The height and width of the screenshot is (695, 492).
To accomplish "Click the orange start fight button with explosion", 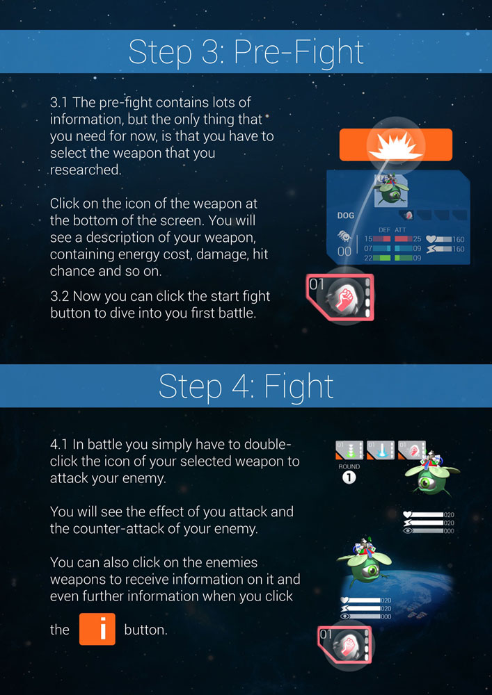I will [395, 145].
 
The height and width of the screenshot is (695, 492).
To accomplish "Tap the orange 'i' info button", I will [97, 629].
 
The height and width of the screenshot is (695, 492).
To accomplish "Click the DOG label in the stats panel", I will [346, 216].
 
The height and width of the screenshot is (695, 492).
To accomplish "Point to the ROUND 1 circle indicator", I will [349, 477].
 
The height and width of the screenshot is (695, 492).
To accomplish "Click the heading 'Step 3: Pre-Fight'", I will [246, 51].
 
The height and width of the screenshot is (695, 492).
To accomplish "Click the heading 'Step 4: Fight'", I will [246, 386].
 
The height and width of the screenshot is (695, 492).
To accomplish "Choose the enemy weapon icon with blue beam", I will [381, 450].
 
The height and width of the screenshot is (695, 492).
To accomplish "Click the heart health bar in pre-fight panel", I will [446, 239].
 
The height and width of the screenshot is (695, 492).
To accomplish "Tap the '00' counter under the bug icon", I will [344, 251].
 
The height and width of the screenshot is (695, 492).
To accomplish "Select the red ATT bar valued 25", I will [403, 239].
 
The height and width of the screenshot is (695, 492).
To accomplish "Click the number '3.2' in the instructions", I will [60, 296].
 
